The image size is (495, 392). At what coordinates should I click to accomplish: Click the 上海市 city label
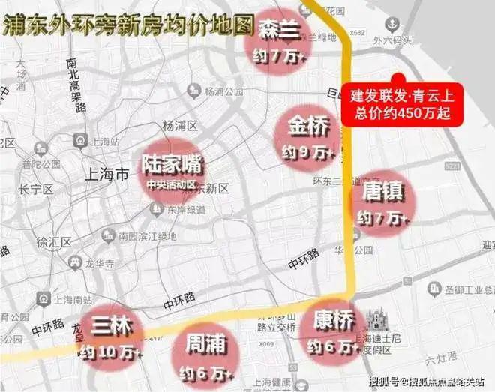pos(106,174)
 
